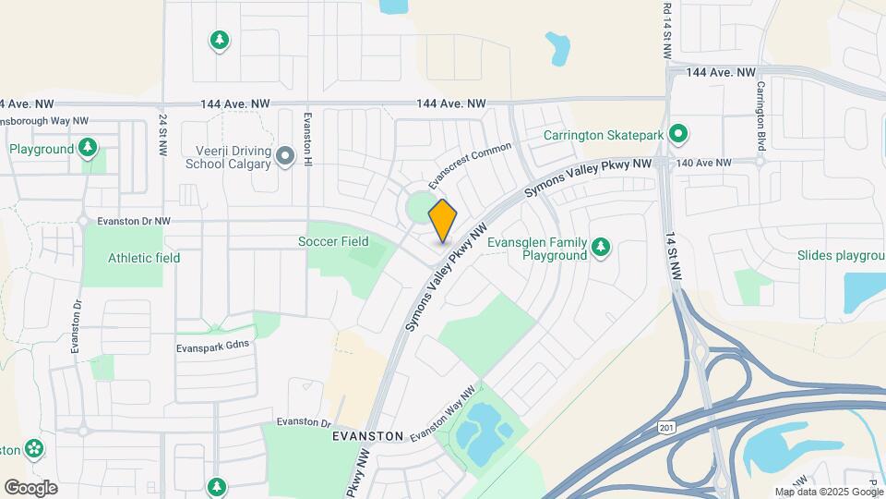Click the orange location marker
pos(443,220)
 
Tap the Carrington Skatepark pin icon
pos(678,135)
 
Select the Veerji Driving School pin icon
pos(285,157)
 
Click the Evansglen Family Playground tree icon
pos(602,246)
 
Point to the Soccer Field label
pos(333,241)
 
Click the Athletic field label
pos(143,258)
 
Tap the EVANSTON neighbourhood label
pos(369,435)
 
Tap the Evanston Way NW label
pos(447,411)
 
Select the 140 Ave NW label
pos(703,163)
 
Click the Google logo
pos(30,487)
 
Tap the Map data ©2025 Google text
pos(827,492)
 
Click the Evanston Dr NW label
pos(125,221)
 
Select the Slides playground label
pos(842,255)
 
